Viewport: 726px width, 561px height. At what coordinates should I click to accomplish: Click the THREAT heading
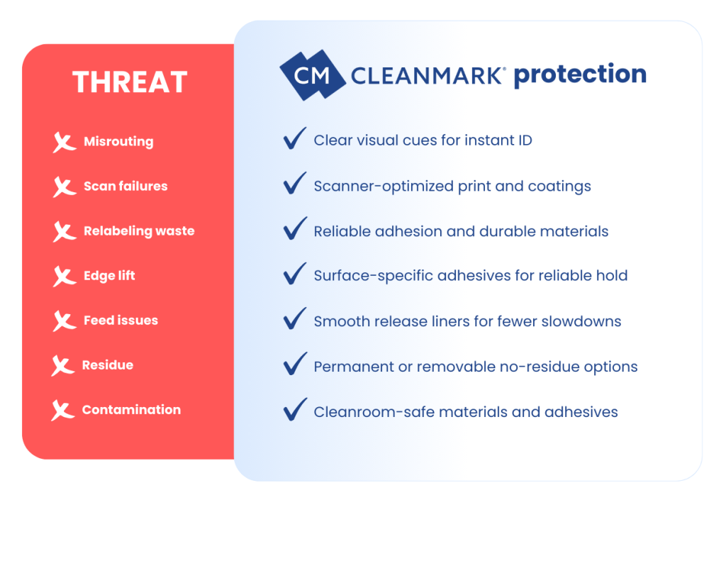(130, 82)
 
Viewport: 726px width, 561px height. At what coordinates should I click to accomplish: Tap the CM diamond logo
(313, 75)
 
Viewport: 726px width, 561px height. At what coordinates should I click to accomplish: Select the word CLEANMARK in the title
(427, 76)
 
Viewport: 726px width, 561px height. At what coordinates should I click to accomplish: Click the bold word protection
(580, 74)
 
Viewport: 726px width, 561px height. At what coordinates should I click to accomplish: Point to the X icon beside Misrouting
(64, 143)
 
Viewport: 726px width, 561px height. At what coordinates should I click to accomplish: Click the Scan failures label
(125, 187)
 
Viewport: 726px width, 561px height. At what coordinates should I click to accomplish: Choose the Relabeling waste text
(139, 230)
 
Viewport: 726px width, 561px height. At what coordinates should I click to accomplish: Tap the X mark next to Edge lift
(64, 277)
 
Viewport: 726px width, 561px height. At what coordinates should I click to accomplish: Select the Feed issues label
(121, 320)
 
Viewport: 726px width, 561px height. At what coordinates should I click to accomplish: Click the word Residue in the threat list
(108, 365)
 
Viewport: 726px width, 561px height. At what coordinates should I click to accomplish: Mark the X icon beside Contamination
(62, 411)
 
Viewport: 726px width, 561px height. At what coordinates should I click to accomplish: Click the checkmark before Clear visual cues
(294, 138)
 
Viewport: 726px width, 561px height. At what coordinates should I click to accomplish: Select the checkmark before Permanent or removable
(294, 363)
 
